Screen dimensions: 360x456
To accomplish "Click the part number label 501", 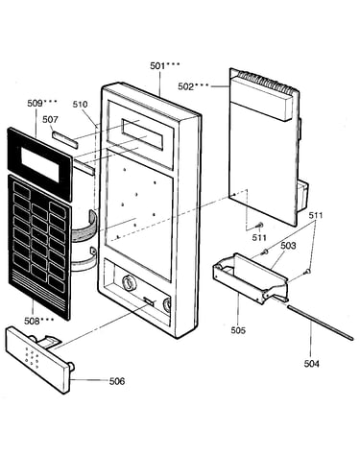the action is (x=157, y=66).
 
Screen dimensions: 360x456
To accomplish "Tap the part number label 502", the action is (x=185, y=86).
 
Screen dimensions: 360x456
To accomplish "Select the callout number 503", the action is (x=288, y=246).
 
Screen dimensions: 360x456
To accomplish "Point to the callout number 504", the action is (x=311, y=364).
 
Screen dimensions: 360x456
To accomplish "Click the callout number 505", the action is (x=238, y=330).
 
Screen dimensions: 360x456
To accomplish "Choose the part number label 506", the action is (x=117, y=381).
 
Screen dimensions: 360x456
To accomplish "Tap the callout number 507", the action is (x=50, y=119).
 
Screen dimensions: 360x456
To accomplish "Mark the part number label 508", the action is (x=32, y=321).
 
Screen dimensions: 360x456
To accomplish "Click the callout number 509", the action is (x=35, y=103).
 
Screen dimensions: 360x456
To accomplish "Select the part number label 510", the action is (x=80, y=104).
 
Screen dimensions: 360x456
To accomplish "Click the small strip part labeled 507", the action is (x=65, y=139).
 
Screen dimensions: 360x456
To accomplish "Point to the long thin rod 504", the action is (x=320, y=323).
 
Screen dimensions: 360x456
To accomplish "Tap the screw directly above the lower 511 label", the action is (x=260, y=226).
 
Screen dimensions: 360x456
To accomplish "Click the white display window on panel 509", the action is (x=40, y=165).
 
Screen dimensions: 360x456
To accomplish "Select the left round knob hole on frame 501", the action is (x=129, y=282).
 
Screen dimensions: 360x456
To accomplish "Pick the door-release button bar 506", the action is (x=40, y=358).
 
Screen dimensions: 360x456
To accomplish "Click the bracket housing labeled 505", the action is (x=252, y=278).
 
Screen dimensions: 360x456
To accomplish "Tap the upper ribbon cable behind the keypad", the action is (x=84, y=228).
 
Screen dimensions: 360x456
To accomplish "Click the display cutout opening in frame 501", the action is (x=142, y=134).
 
